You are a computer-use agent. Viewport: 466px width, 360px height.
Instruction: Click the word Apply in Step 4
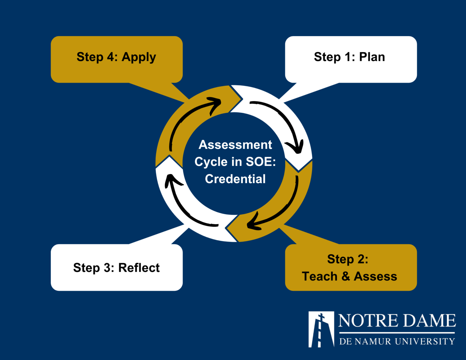pyautogui.click(x=139, y=57)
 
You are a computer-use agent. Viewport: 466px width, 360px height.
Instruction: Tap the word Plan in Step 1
pyautogui.click(x=372, y=57)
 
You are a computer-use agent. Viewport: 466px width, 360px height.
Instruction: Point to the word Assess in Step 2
pyautogui.click(x=375, y=276)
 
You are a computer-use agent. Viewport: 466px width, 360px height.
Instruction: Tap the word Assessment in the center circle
pyautogui.click(x=235, y=145)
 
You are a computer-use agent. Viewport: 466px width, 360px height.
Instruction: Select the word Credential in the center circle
pyautogui.click(x=235, y=179)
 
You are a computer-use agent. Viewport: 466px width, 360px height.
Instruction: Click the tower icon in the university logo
pyautogui.click(x=321, y=329)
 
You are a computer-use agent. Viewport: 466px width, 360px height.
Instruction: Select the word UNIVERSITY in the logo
pyautogui.click(x=425, y=341)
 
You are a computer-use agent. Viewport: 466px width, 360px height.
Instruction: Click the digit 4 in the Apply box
pyautogui.click(x=110, y=57)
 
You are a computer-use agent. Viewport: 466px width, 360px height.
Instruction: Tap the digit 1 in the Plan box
pyautogui.click(x=348, y=57)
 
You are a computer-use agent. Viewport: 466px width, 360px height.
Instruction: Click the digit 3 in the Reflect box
pyautogui.click(x=107, y=268)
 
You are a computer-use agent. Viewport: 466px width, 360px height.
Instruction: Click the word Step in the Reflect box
pyautogui.click(x=86, y=268)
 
